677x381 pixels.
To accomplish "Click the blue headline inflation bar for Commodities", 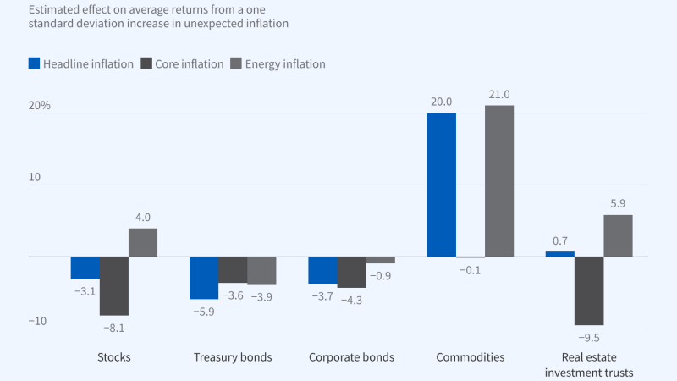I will coord(441,185).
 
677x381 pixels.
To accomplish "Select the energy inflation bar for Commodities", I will coord(499,180).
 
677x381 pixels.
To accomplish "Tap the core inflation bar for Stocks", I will coord(114,285).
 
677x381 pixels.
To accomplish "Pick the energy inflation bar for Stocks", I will coord(143,242).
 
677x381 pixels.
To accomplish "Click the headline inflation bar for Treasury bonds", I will coord(203,278).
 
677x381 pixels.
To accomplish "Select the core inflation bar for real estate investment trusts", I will coord(589,290).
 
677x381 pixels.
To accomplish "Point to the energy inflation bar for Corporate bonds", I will coord(381,260).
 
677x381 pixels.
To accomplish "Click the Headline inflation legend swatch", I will coord(35,63).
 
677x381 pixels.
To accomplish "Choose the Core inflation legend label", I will coord(190,63).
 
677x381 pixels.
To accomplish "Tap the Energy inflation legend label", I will coord(285,63).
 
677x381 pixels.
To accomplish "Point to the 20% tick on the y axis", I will coord(39,106).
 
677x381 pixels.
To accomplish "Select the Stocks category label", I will coord(114,356).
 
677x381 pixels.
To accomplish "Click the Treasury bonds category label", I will coord(233,356).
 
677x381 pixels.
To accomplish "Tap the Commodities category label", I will coord(470,356).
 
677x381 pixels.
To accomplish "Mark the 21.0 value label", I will coord(499,95).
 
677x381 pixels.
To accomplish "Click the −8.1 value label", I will coord(114,327).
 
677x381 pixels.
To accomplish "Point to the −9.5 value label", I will coord(589,337).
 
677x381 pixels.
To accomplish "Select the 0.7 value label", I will coord(560,241).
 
